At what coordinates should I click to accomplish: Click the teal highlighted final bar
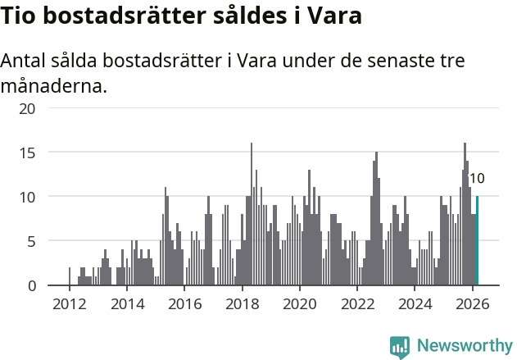pos(478,241)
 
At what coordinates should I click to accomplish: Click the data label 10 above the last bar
pos(477,179)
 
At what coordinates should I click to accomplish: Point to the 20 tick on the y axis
pos(28,108)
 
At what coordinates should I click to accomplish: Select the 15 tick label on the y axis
pos(28,153)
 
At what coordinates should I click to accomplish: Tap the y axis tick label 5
pos(32,241)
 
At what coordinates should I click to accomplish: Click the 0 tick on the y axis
pos(32,285)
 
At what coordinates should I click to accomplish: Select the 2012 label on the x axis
pos(69,303)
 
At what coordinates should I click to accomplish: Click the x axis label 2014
pos(126,303)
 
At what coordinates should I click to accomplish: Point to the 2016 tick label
pos(184,303)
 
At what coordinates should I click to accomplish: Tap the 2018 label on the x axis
pos(242,303)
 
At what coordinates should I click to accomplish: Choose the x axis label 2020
pos(299,303)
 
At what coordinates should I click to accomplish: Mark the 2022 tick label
pos(357,303)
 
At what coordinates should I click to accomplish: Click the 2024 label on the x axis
pos(415,303)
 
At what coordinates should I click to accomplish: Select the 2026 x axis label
pos(472,303)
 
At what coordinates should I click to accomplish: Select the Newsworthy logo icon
pos(400,346)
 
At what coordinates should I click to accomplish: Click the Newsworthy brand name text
pos(464,346)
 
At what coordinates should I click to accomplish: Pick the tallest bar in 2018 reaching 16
pos(252,214)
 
